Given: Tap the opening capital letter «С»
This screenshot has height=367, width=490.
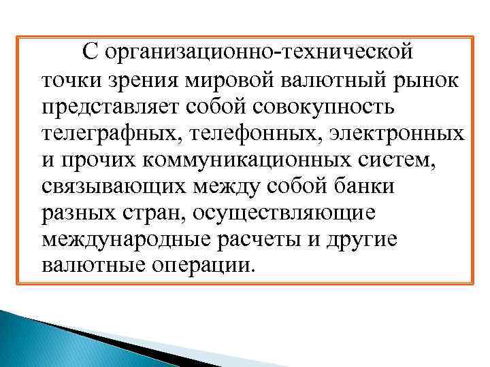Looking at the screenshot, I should pos(91,52).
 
